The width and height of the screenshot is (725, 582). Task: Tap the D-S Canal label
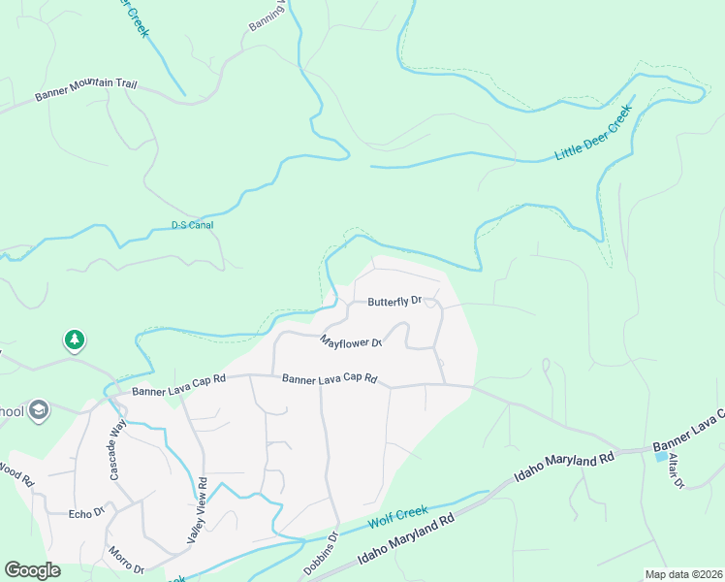click(x=192, y=225)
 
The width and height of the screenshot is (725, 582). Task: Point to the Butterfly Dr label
click(x=394, y=302)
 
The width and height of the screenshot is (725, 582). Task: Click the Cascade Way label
click(x=117, y=449)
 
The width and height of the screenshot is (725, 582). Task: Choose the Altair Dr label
click(x=676, y=470)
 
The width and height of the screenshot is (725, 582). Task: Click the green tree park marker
click(x=74, y=339)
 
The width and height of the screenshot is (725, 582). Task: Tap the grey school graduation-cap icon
click(x=39, y=410)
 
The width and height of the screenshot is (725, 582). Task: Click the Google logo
click(x=32, y=569)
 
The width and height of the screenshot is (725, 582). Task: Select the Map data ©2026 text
click(x=683, y=574)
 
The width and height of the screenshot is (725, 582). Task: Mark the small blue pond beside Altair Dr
click(x=661, y=456)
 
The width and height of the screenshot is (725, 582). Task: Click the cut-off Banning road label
click(x=266, y=15)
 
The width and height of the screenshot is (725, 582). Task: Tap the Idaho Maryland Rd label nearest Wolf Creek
click(x=406, y=539)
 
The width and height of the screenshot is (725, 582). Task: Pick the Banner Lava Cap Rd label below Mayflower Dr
click(x=329, y=379)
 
